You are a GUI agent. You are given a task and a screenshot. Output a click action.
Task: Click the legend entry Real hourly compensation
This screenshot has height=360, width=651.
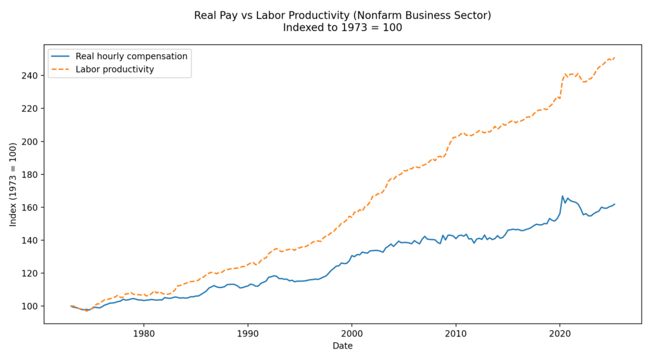click(131, 56)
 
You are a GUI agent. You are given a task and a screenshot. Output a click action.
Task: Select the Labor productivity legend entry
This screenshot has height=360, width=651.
click(114, 69)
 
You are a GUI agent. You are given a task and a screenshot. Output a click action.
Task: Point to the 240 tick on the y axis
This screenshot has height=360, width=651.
click(31, 75)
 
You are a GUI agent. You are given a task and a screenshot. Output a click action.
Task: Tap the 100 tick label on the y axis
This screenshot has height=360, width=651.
click(31, 306)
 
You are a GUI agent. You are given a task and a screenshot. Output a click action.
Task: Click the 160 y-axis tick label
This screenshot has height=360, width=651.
click(31, 207)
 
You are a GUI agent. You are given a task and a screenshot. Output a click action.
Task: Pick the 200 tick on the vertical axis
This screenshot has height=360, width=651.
click(31, 141)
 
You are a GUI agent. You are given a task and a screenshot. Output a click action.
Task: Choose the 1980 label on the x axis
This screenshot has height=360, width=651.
click(144, 333)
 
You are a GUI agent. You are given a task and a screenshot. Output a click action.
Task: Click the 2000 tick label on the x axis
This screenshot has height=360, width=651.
click(352, 333)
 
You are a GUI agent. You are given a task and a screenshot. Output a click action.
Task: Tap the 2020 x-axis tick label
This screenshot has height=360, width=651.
click(559, 333)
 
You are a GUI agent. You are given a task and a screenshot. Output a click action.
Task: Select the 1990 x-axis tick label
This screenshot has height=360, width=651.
click(248, 333)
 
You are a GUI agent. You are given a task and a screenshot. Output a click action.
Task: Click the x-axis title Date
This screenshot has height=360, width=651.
click(343, 346)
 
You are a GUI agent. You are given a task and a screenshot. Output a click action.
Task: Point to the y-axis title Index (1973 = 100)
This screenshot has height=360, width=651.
click(13, 184)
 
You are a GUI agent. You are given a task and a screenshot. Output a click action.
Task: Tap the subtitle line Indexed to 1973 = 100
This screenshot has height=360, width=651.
click(343, 27)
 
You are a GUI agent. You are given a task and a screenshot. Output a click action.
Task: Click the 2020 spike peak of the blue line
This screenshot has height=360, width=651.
click(563, 196)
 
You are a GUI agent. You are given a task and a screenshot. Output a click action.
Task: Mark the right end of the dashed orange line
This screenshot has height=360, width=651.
click(615, 58)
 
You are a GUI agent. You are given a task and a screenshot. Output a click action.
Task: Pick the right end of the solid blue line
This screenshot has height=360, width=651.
click(615, 204)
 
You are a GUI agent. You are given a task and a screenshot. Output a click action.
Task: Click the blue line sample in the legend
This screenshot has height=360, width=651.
click(62, 56)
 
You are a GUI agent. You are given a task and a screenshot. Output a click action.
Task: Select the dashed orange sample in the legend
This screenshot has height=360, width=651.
click(62, 69)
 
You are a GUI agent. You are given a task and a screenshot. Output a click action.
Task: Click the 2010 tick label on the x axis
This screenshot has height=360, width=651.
click(456, 333)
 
